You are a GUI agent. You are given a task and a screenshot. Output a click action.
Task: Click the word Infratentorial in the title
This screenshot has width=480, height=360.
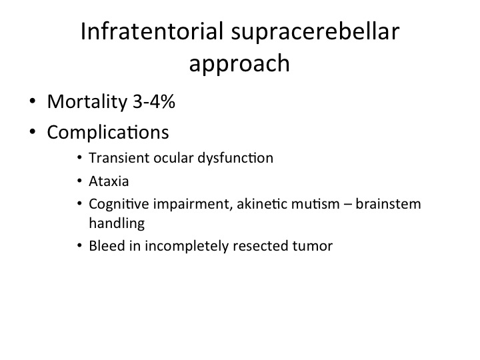point(152,31)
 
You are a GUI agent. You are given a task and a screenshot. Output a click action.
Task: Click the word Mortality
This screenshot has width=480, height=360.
point(87,103)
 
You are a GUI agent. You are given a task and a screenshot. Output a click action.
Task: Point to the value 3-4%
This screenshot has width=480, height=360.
point(154,101)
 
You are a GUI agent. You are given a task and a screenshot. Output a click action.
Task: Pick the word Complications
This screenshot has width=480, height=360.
point(108,133)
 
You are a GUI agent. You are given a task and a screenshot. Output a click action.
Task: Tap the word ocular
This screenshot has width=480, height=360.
point(173,158)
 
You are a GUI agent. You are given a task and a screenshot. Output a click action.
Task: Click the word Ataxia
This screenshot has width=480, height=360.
point(109,181)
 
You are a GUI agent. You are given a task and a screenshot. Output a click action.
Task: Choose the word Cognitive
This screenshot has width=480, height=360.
point(119,205)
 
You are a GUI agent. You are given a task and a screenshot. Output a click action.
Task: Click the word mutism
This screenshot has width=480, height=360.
point(315,204)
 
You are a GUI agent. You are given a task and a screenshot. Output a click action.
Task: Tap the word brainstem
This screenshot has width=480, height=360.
point(388,204)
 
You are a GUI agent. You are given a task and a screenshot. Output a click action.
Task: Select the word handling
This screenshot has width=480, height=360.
point(117,224)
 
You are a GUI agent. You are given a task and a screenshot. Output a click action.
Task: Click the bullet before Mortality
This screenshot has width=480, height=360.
point(33,101)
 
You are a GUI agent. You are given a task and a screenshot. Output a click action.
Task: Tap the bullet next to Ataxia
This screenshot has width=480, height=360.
point(79,181)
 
